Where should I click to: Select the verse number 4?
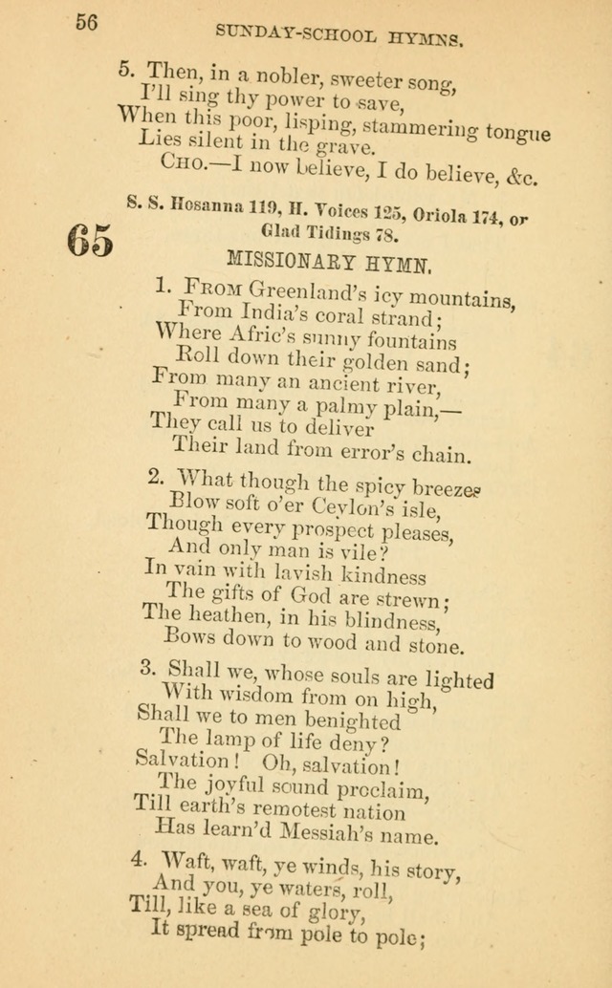coord(138,860)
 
